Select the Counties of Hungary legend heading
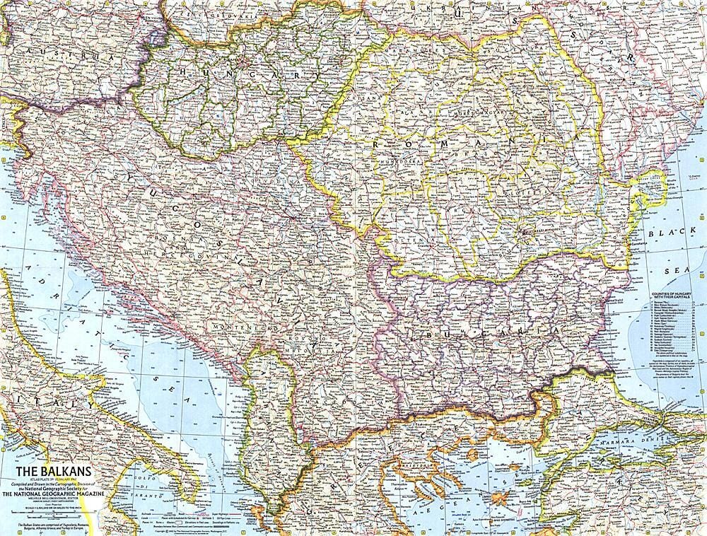tap(672, 293)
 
